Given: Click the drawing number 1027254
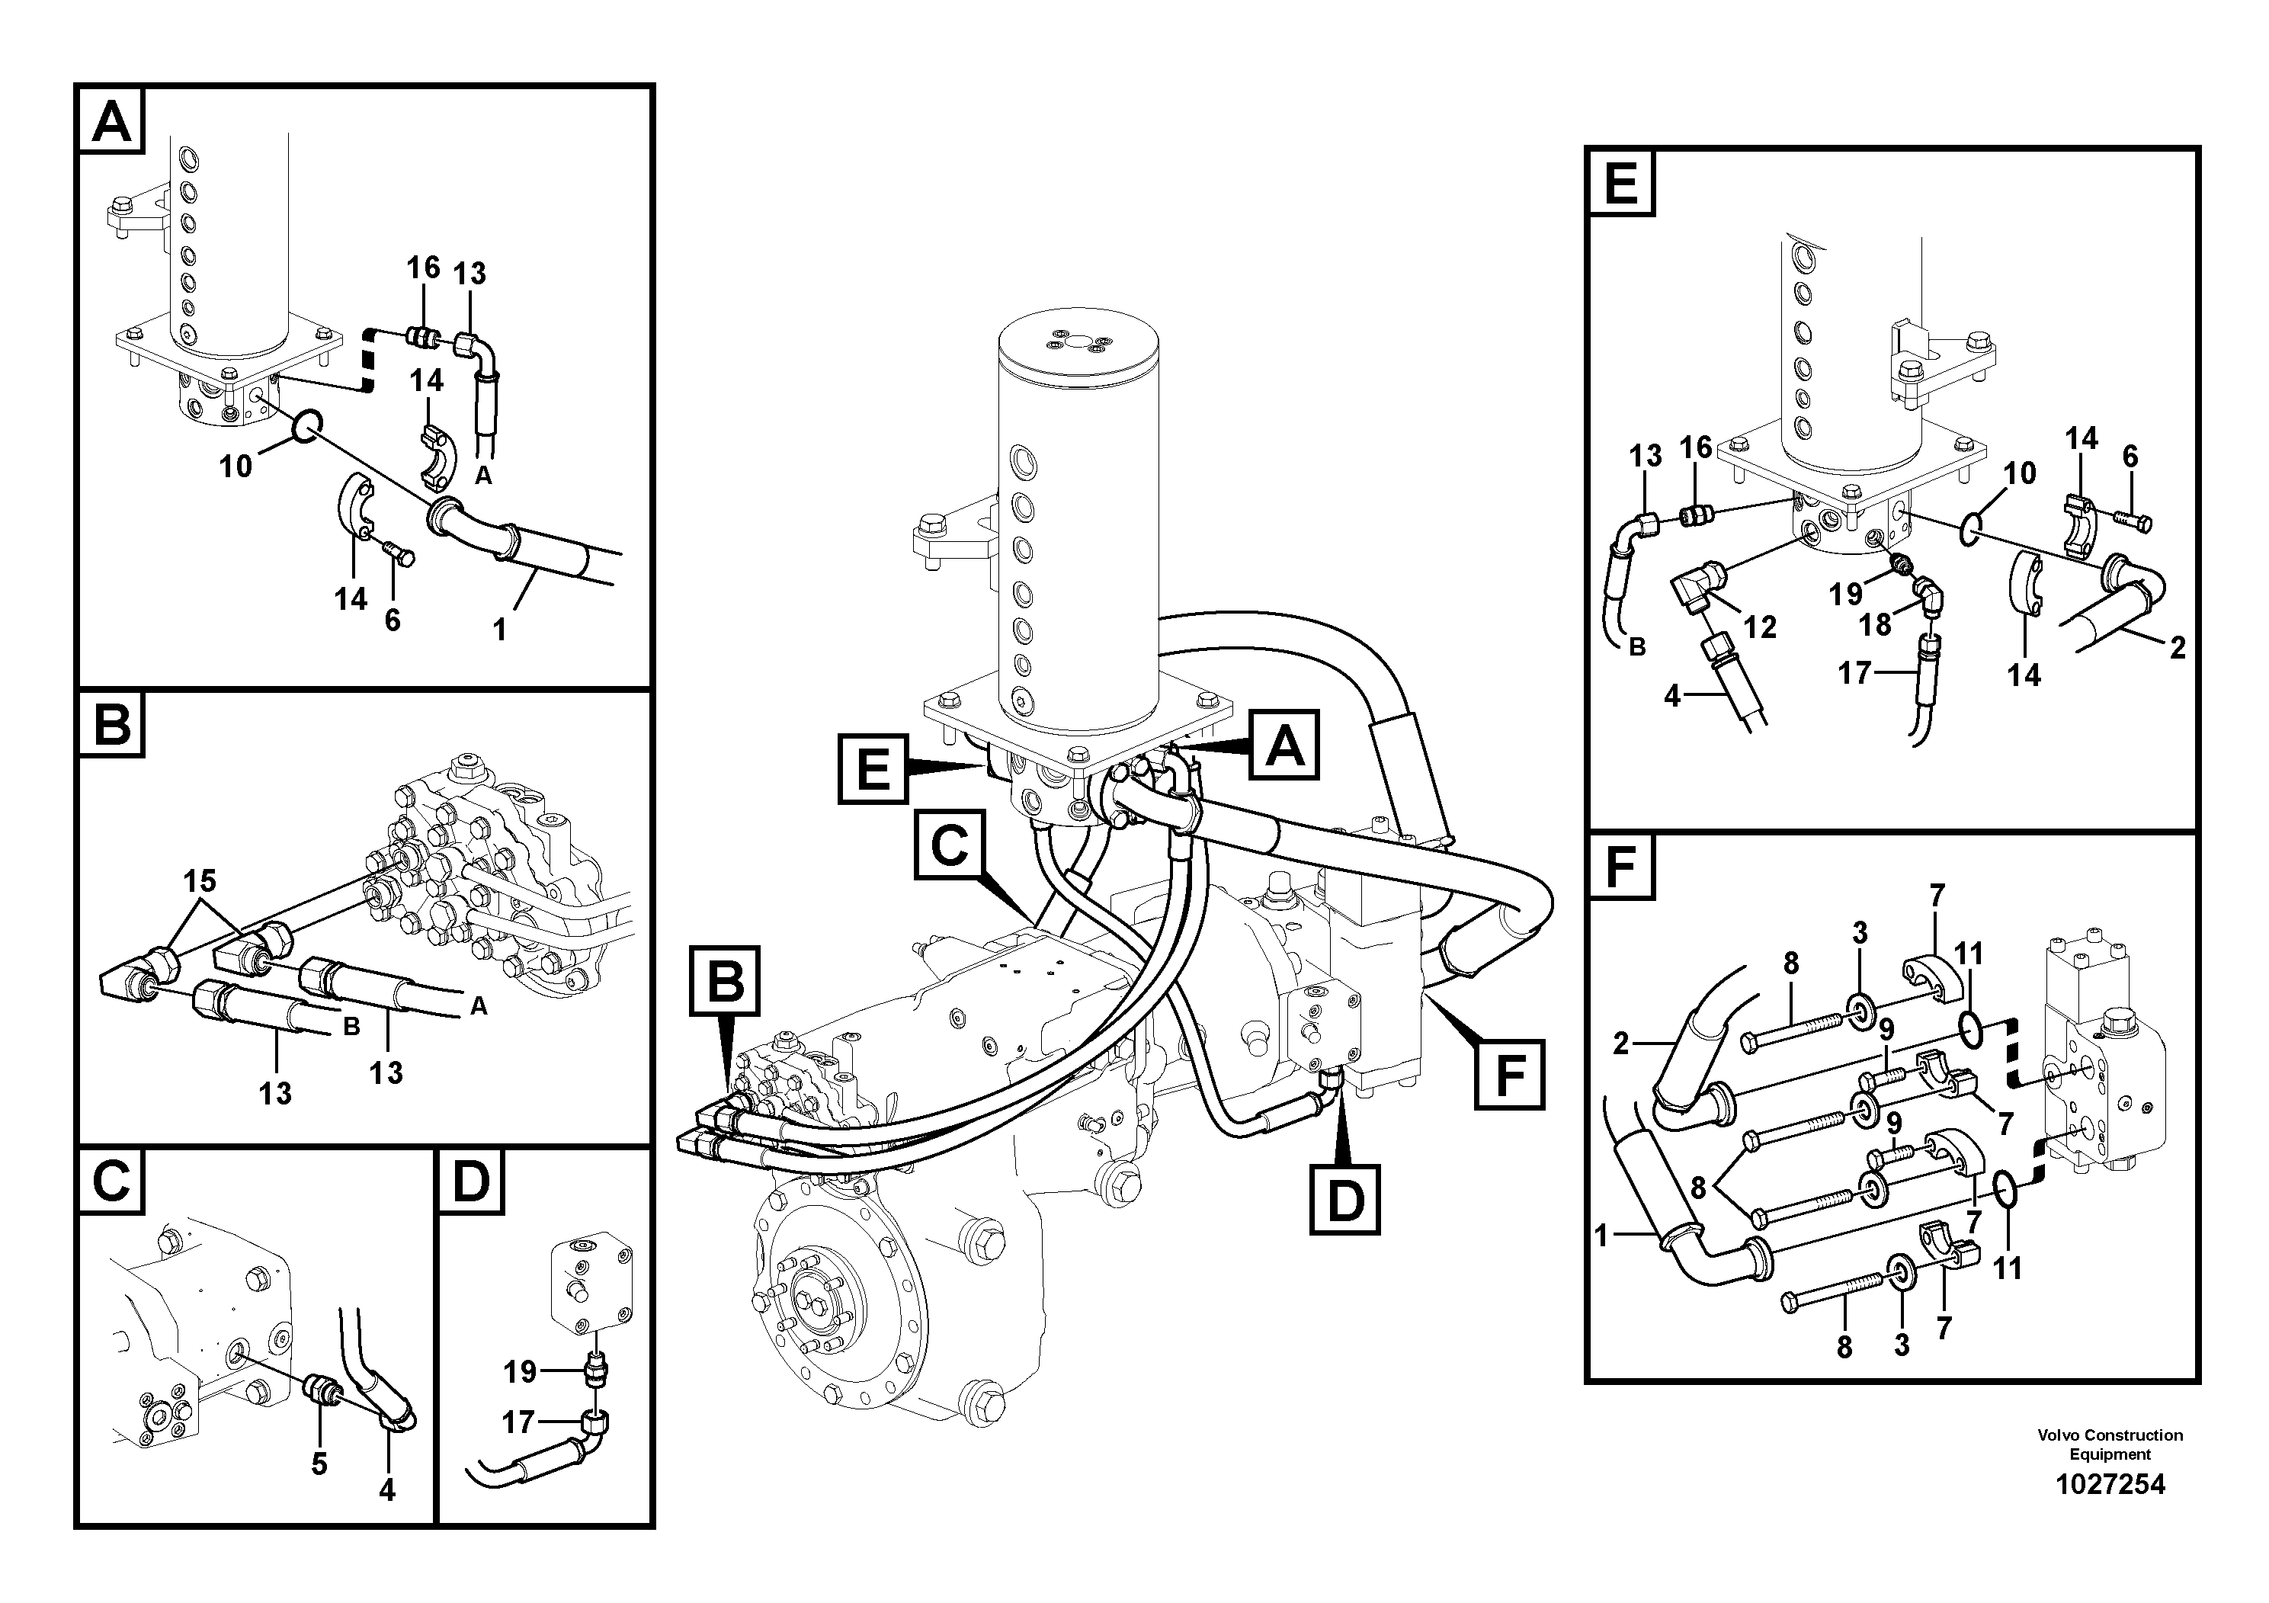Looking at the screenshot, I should click(x=2109, y=1484).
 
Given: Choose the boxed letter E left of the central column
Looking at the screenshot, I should click(x=873, y=768).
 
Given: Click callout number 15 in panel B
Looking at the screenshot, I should click(x=200, y=880).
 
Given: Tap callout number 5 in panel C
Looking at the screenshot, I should click(x=319, y=1464).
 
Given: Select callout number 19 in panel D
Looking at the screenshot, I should click(x=520, y=1372).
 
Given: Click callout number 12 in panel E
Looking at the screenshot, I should click(x=1760, y=627).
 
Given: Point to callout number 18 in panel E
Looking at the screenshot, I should click(x=1875, y=624).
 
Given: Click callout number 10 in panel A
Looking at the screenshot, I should click(x=236, y=466).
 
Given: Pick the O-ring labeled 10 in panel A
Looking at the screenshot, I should click(x=306, y=426).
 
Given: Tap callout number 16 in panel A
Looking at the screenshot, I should click(x=423, y=268).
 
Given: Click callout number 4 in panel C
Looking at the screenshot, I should click(x=387, y=1489).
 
